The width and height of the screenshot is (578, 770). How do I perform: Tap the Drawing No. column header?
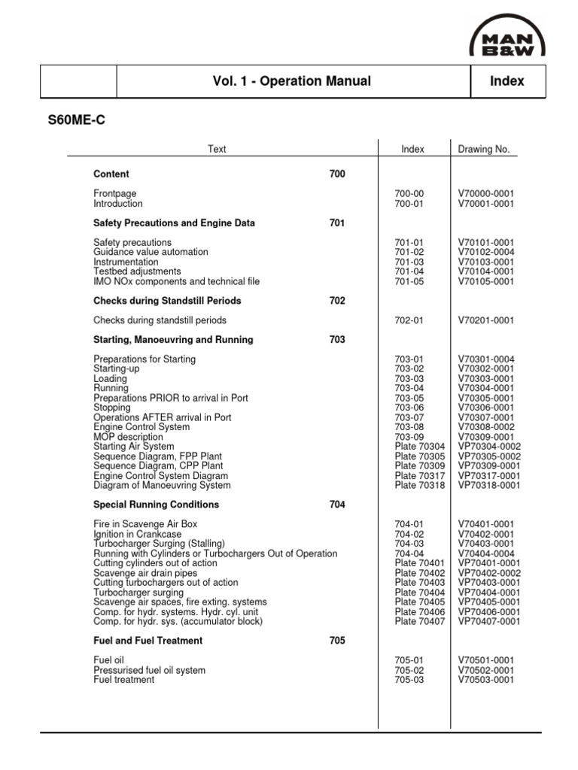tap(483, 150)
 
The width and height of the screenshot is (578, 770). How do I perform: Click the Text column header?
tap(217, 150)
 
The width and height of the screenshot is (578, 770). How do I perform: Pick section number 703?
tap(337, 340)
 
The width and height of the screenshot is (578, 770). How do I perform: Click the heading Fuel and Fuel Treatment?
tap(148, 641)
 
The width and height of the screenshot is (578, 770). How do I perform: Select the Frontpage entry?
tap(115, 194)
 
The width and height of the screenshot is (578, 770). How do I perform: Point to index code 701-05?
tap(409, 281)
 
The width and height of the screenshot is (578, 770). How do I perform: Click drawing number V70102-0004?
tap(485, 253)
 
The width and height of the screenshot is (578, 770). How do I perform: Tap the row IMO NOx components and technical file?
tap(176, 281)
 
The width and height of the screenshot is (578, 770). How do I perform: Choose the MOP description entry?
tap(128, 437)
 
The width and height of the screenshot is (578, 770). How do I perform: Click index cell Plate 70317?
tap(420, 476)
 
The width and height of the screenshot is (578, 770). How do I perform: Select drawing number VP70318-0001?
tap(488, 486)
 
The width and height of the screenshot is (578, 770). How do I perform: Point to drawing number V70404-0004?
tap(485, 553)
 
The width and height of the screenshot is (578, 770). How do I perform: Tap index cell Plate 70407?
tap(420, 622)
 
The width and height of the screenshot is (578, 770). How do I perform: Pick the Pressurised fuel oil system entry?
tap(149, 670)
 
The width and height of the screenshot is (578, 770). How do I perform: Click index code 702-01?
tap(409, 320)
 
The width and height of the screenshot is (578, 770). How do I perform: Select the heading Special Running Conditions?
tap(157, 505)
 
